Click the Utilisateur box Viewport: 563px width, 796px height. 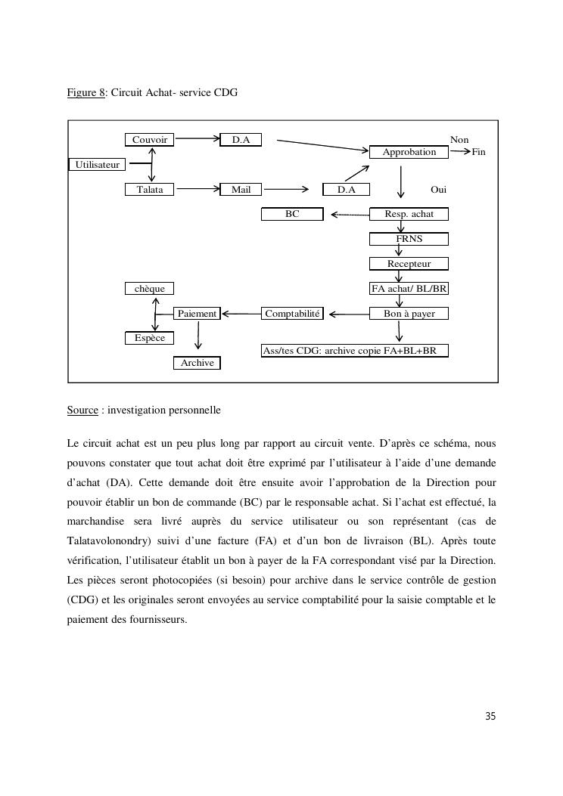click(x=97, y=165)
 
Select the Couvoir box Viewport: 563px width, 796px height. click(x=150, y=140)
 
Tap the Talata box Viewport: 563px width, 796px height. click(x=150, y=190)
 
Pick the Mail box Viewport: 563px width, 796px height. click(x=241, y=190)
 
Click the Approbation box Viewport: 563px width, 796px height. click(x=409, y=152)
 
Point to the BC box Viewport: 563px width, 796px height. click(x=292, y=214)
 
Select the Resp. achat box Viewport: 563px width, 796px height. click(x=409, y=214)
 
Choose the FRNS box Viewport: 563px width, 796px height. click(x=409, y=239)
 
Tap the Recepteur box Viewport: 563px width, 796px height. click(x=409, y=264)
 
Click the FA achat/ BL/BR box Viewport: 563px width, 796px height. click(x=409, y=289)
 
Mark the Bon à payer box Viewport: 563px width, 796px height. click(x=409, y=314)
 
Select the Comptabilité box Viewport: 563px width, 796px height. click(x=292, y=314)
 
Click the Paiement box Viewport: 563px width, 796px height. click(x=197, y=314)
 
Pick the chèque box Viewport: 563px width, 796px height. click(x=150, y=289)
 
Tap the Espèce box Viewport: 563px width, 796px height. click(x=150, y=338)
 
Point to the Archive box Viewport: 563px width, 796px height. click(x=197, y=363)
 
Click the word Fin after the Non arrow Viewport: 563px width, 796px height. click(x=478, y=153)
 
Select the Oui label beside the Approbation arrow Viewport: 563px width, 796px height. click(x=438, y=190)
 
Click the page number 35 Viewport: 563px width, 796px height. click(x=490, y=717)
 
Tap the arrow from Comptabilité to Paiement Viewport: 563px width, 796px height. click(x=241, y=314)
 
